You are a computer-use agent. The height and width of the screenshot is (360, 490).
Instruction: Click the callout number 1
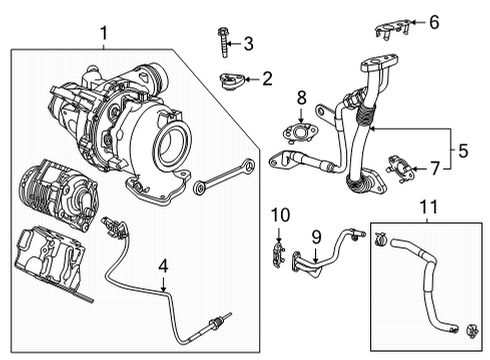tap(103, 35)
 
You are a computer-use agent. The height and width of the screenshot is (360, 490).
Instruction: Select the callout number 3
tap(249, 42)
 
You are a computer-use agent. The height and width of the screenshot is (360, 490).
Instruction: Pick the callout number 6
tap(434, 21)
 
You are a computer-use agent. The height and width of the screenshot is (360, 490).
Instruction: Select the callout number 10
tap(280, 214)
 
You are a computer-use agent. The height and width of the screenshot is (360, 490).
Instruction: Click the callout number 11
tap(428, 208)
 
